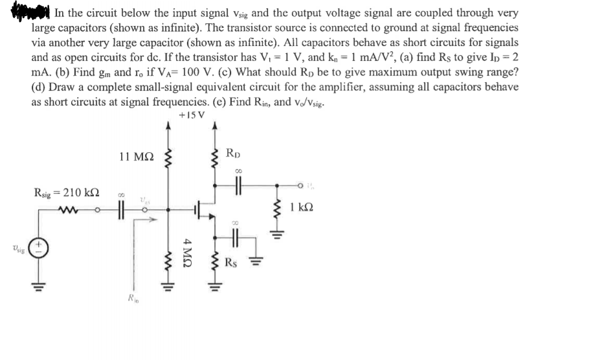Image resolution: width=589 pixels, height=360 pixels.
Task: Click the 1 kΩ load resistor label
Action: (x=303, y=208)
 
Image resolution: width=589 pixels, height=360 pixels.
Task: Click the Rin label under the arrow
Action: (x=134, y=300)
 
